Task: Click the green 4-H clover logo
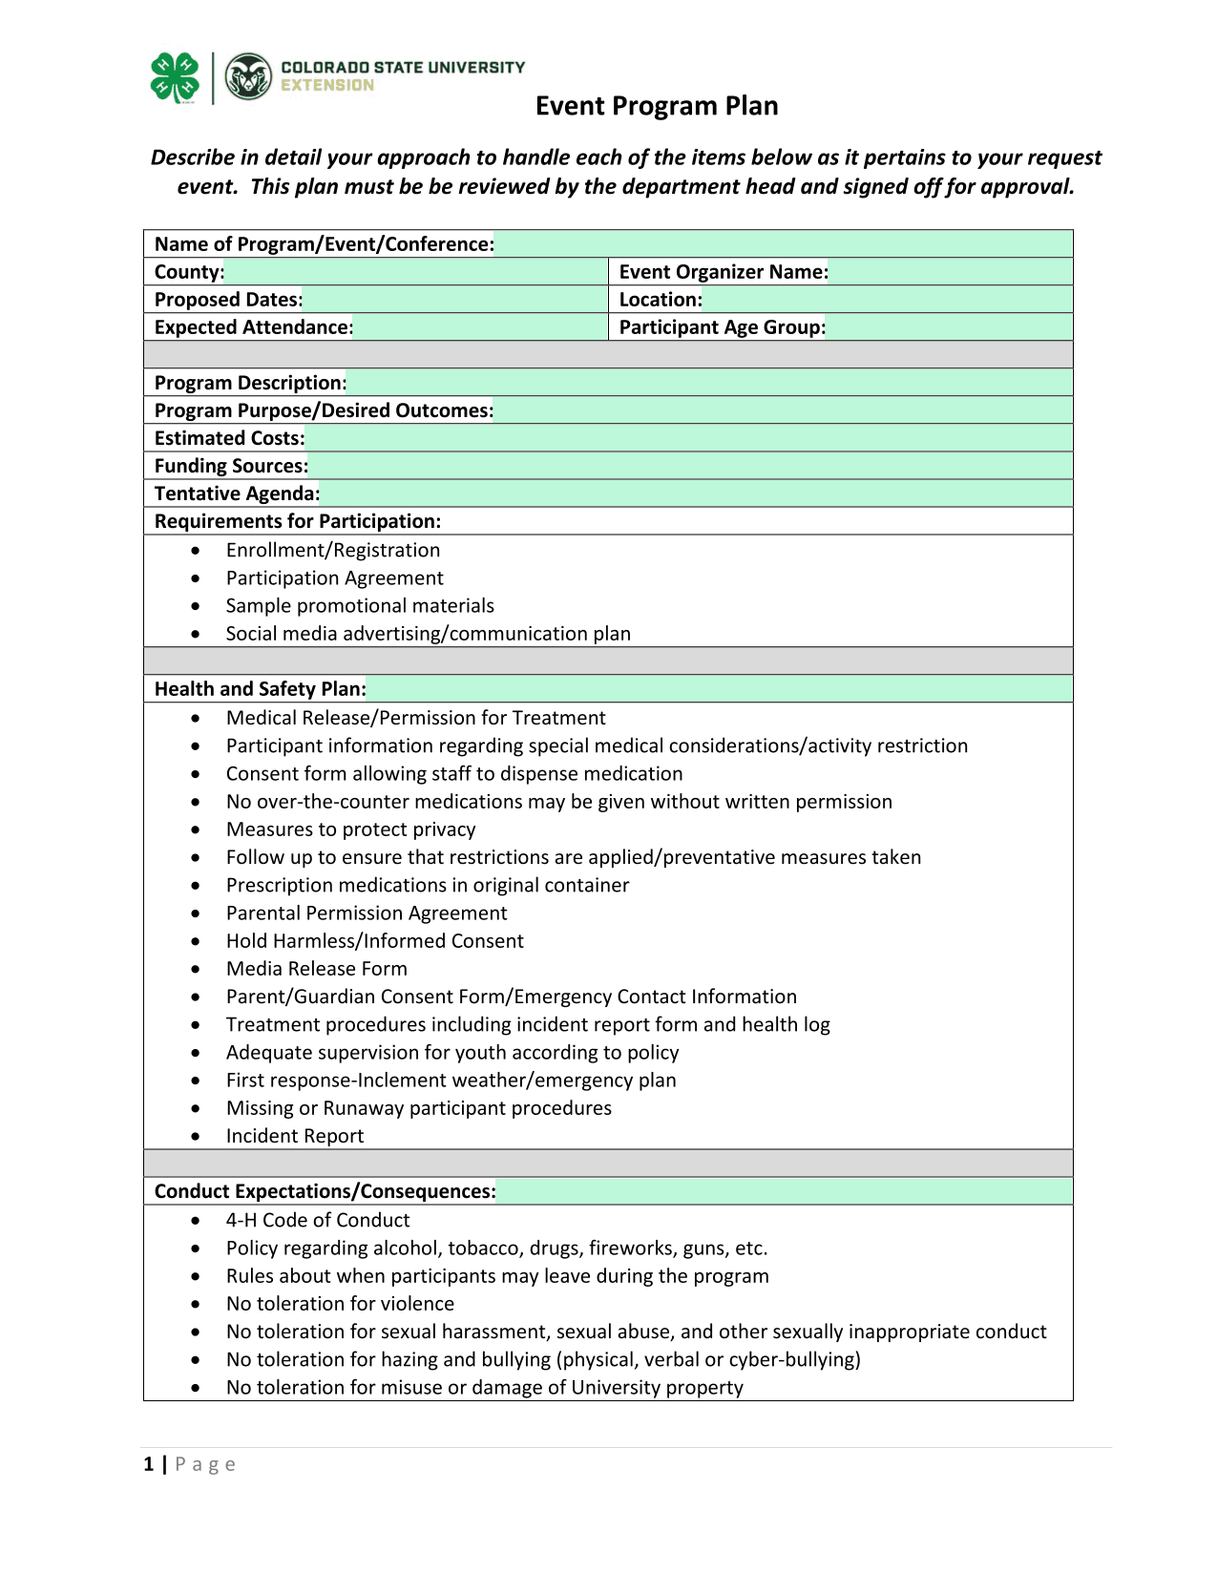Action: (175, 77)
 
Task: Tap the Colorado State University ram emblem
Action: (248, 77)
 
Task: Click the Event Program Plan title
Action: (657, 106)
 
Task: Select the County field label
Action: (189, 272)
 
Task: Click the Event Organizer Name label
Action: (724, 272)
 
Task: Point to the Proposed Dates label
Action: (228, 300)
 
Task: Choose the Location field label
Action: (661, 300)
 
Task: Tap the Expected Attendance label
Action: (253, 327)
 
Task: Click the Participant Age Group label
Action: (723, 327)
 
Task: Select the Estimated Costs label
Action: (229, 438)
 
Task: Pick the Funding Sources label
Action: (231, 466)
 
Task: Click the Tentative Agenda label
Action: (237, 493)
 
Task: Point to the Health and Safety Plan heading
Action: (260, 689)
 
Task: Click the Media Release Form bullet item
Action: (316, 969)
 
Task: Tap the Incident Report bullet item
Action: (294, 1136)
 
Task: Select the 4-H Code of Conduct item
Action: (317, 1220)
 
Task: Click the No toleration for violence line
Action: (340, 1304)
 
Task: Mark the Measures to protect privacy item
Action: (350, 829)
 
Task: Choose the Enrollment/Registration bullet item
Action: (332, 550)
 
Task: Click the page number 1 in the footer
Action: (149, 1464)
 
